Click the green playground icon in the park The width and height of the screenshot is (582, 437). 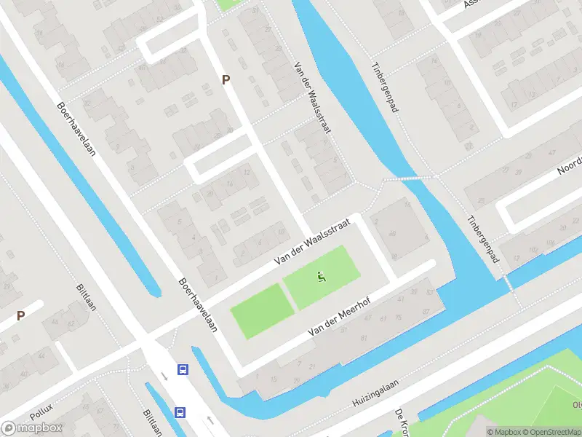coord(322,276)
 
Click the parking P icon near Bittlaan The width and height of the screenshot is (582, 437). coord(21,316)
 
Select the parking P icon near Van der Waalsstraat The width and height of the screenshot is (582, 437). coord(226,80)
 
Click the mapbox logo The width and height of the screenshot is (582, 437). coord(32,428)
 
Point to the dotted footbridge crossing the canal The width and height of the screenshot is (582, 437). coord(410,177)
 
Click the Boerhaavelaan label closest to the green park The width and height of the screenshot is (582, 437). coord(198,305)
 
